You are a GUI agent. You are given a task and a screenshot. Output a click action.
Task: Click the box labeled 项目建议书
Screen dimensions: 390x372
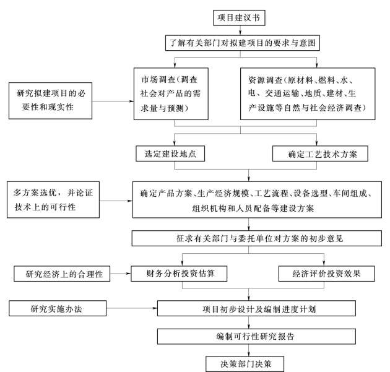[239, 18]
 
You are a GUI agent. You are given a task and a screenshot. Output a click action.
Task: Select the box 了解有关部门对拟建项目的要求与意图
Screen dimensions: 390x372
[243, 43]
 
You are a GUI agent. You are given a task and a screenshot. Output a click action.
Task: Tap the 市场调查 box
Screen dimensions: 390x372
[171, 93]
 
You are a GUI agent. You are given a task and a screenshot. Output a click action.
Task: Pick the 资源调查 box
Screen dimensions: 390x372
[308, 93]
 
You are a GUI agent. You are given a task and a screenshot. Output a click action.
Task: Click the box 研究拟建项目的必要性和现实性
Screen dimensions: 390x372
[50, 101]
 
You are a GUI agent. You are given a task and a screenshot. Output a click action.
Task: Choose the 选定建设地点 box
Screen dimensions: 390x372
[170, 154]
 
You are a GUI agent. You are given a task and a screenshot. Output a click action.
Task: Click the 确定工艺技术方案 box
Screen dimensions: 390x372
[320, 154]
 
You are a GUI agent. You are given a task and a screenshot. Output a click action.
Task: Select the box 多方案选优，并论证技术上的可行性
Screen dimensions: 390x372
[53, 200]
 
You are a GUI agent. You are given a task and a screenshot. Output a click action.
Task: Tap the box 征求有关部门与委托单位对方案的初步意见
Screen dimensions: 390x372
[257, 238]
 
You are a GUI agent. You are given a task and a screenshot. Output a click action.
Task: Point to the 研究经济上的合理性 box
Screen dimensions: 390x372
[62, 274]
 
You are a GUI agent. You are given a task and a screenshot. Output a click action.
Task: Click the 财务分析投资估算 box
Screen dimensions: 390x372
[179, 274]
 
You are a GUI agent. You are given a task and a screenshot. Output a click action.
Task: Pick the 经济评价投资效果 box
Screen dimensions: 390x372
[327, 274]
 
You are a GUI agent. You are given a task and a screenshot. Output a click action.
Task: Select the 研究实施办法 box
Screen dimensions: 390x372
[58, 308]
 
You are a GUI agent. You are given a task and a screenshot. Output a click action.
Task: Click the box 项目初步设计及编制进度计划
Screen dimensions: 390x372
[256, 308]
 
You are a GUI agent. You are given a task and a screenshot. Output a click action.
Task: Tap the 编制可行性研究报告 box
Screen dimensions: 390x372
[256, 337]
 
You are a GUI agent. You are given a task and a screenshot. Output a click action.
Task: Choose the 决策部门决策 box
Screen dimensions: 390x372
[245, 364]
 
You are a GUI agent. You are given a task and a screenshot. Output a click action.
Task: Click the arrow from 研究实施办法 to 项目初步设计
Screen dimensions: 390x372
[132, 308]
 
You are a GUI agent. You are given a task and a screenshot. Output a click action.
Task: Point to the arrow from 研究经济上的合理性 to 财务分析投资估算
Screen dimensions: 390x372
[120, 274]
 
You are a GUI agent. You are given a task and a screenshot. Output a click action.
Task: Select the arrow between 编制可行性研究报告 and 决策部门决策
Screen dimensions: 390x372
[248, 350]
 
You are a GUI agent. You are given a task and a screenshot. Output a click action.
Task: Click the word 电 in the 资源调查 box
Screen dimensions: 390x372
[251, 93]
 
